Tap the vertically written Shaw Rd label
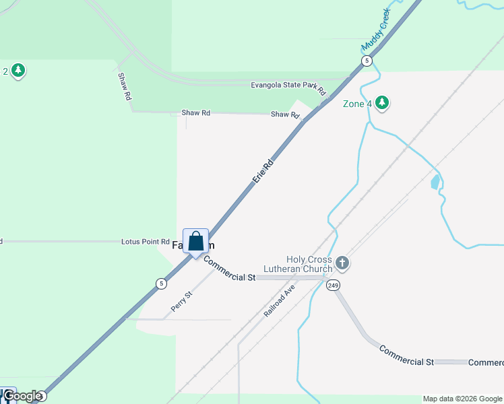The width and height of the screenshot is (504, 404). [x=124, y=87]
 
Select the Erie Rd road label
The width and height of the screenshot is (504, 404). [x=263, y=171]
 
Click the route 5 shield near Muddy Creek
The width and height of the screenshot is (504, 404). [x=366, y=61]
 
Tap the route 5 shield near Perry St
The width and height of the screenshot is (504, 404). [x=161, y=283]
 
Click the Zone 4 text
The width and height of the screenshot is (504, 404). [x=357, y=104]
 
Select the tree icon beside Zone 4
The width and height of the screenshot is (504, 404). [x=383, y=103]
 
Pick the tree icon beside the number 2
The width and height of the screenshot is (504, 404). [x=18, y=70]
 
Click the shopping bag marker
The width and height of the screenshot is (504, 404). [x=195, y=241]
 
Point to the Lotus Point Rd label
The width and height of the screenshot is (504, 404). [x=145, y=242]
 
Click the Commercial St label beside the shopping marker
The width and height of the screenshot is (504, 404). [x=229, y=269]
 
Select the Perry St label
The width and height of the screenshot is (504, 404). [x=182, y=300]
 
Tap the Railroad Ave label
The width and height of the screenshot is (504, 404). [x=279, y=300]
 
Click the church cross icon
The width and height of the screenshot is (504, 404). [x=342, y=263]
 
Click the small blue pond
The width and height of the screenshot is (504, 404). [x=435, y=181]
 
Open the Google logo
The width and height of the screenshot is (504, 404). [x=22, y=397]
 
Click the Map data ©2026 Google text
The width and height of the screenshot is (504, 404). [x=462, y=399]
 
